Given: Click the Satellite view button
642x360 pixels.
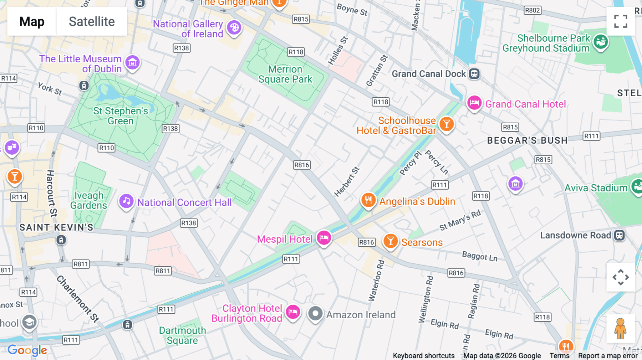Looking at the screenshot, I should (x=92, y=21).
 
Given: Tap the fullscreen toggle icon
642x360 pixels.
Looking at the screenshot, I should (x=621, y=21).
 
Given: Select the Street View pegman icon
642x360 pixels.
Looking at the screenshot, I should (x=620, y=328).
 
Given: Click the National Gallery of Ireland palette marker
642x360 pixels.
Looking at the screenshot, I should (x=234, y=28).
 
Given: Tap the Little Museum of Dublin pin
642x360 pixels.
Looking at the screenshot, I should (x=132, y=63).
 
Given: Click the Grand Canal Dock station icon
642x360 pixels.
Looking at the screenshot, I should (x=474, y=74).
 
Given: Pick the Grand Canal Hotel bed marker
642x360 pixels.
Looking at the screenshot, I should (x=474, y=103).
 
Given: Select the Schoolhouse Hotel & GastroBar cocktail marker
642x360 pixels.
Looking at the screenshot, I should (x=446, y=124).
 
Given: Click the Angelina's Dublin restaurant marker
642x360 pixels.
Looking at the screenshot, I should (x=368, y=200).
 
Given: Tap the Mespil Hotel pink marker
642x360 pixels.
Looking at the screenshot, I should (x=324, y=238).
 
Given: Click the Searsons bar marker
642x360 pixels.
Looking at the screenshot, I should (x=391, y=241).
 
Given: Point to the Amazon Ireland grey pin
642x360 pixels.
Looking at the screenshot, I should (x=315, y=314).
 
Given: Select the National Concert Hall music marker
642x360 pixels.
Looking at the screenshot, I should (x=126, y=201).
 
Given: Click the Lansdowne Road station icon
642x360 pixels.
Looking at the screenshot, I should (x=620, y=236).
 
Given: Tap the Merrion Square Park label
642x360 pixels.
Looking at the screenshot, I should (x=285, y=74).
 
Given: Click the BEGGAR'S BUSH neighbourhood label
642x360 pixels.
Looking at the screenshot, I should (x=527, y=140).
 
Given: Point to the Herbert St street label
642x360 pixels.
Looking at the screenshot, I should (x=347, y=181).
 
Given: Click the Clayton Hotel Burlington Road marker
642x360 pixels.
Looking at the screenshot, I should (x=293, y=312).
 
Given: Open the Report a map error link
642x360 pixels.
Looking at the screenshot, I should (x=607, y=355).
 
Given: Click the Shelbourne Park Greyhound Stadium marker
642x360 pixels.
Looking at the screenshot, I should (x=601, y=42).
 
